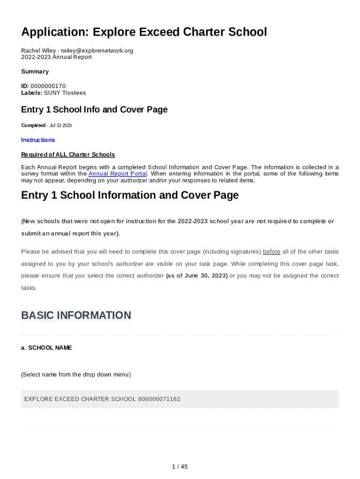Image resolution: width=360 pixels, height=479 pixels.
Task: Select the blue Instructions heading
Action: (38, 140)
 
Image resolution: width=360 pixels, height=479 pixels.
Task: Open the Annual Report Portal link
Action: (117, 174)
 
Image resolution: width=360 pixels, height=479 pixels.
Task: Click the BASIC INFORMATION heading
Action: (76, 315)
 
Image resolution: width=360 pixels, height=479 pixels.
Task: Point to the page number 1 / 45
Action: (180, 466)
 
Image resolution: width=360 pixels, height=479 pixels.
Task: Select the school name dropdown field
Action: (180, 399)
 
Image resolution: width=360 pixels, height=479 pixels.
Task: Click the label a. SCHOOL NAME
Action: (46, 348)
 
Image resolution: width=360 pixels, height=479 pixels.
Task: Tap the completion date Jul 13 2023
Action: (60, 125)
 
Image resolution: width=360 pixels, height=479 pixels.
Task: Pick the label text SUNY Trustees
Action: (65, 93)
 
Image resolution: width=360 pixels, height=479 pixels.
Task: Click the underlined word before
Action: (272, 252)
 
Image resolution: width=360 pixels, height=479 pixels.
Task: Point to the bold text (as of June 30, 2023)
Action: (197, 276)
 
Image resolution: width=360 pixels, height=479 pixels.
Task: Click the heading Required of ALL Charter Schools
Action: (68, 154)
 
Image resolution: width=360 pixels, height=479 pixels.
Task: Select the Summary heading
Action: (35, 72)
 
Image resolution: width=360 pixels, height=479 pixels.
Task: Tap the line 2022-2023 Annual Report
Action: (56, 57)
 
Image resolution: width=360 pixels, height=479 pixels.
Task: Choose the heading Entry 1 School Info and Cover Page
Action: (94, 109)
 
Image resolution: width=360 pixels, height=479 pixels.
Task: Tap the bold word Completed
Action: (33, 125)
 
